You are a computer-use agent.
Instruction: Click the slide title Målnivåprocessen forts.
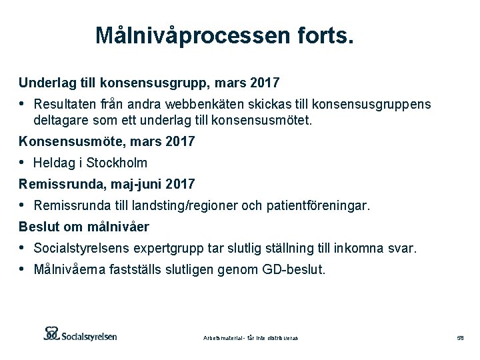pos(224,35)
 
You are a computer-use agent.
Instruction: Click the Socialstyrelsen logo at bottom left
pos(80,334)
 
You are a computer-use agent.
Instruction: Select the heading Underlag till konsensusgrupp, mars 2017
pos(149,83)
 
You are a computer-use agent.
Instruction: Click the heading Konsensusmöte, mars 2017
pos(107,141)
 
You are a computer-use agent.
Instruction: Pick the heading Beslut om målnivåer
pos(84,227)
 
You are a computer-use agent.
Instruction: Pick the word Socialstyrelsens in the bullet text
pos(74,249)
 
